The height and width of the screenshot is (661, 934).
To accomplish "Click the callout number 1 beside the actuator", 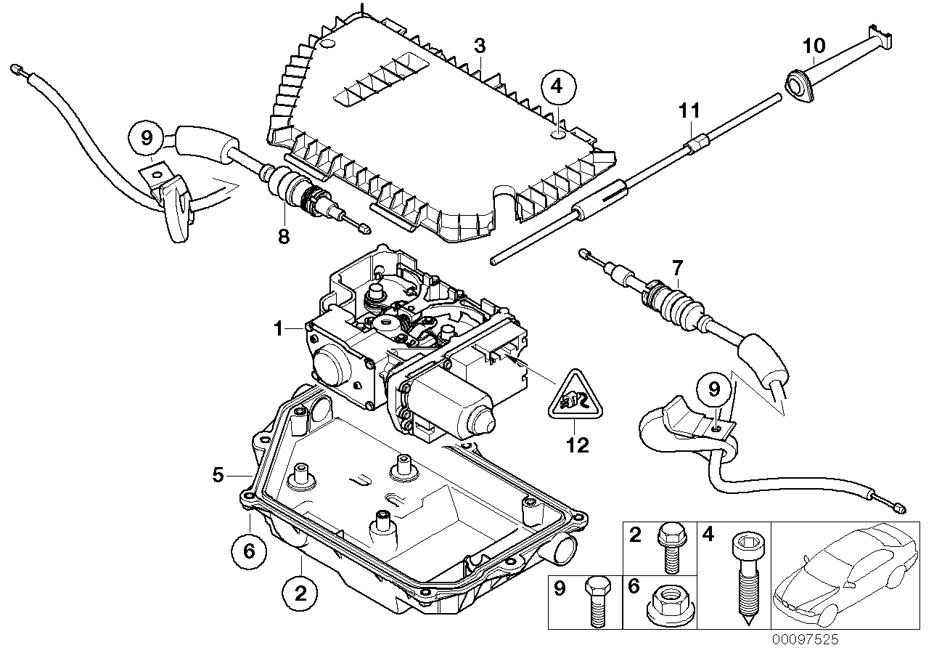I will [x=278, y=329].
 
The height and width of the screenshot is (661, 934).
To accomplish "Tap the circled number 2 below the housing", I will [x=301, y=595].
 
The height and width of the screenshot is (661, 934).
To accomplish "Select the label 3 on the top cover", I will [x=479, y=46].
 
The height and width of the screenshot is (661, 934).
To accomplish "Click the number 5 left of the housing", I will [x=217, y=474].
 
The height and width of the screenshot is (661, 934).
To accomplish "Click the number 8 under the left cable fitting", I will [x=283, y=235].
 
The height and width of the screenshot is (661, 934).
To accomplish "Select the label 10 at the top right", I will [x=814, y=46].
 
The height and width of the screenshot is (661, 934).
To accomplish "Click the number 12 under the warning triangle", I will [x=578, y=445].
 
